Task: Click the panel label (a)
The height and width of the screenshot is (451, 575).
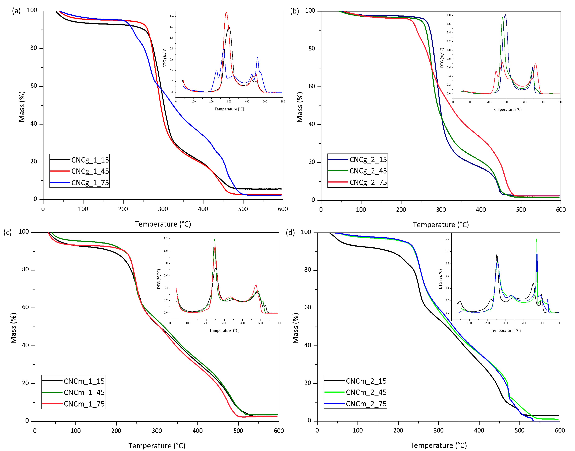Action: (x=16, y=11)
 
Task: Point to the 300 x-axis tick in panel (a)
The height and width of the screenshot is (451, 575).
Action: (x=163, y=209)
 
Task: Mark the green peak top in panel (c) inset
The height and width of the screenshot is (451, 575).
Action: (x=214, y=240)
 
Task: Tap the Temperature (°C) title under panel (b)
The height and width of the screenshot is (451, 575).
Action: (x=441, y=225)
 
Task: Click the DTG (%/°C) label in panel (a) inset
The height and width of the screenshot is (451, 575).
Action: (x=165, y=57)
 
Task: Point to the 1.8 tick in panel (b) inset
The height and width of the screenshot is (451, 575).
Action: (x=449, y=15)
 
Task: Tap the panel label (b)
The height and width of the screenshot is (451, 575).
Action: (x=294, y=11)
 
